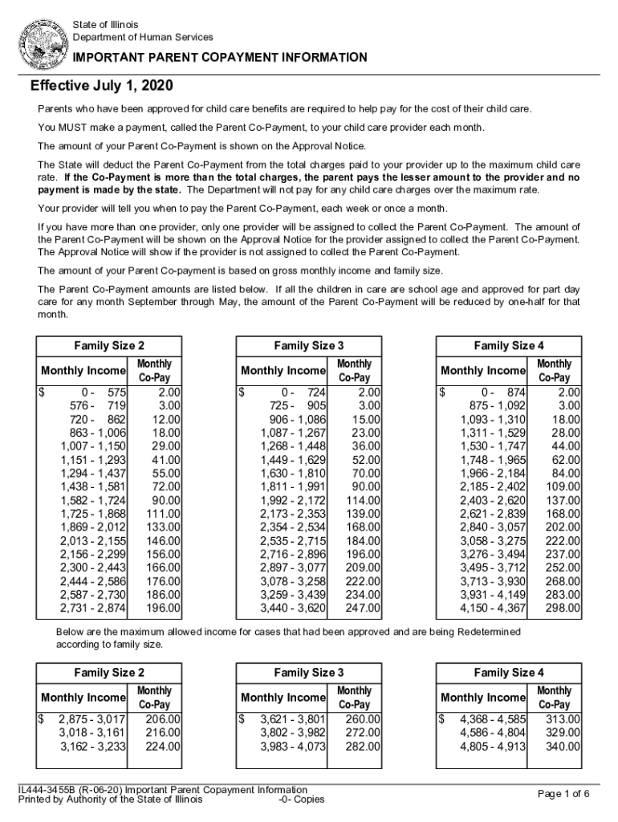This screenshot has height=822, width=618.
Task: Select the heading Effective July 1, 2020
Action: (x=102, y=86)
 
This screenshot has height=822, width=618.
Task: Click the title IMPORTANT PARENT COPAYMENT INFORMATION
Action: (x=221, y=58)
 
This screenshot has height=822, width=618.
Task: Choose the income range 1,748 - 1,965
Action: (x=493, y=460)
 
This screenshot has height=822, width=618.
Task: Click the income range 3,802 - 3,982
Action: (x=293, y=732)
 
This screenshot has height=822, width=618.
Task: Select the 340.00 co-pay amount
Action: (x=564, y=747)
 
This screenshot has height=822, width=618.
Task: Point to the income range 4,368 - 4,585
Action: (x=493, y=719)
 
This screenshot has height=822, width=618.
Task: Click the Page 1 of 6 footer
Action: (x=563, y=794)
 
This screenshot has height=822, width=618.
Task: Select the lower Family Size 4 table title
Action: (x=509, y=673)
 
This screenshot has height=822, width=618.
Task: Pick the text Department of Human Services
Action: (x=143, y=37)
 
